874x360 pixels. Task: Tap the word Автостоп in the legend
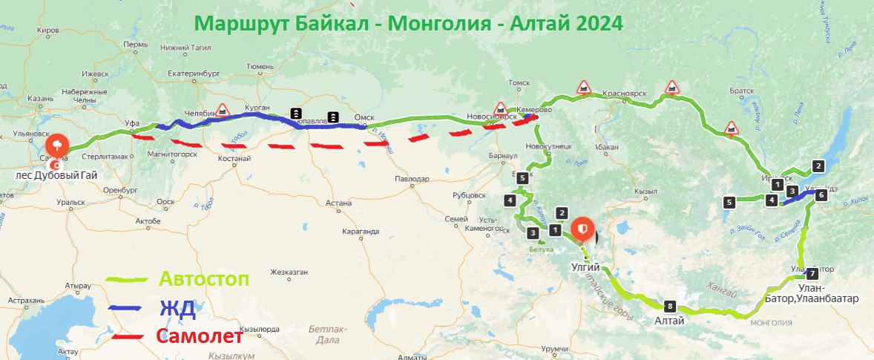pos(204,279)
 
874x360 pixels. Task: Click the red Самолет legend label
pos(200,336)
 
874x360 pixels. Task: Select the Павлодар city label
pos(413,179)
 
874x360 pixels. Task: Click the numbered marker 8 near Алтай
pos(671,305)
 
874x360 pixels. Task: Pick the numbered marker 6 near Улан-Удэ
pos(820,196)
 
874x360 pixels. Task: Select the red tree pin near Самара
pos(56,144)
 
